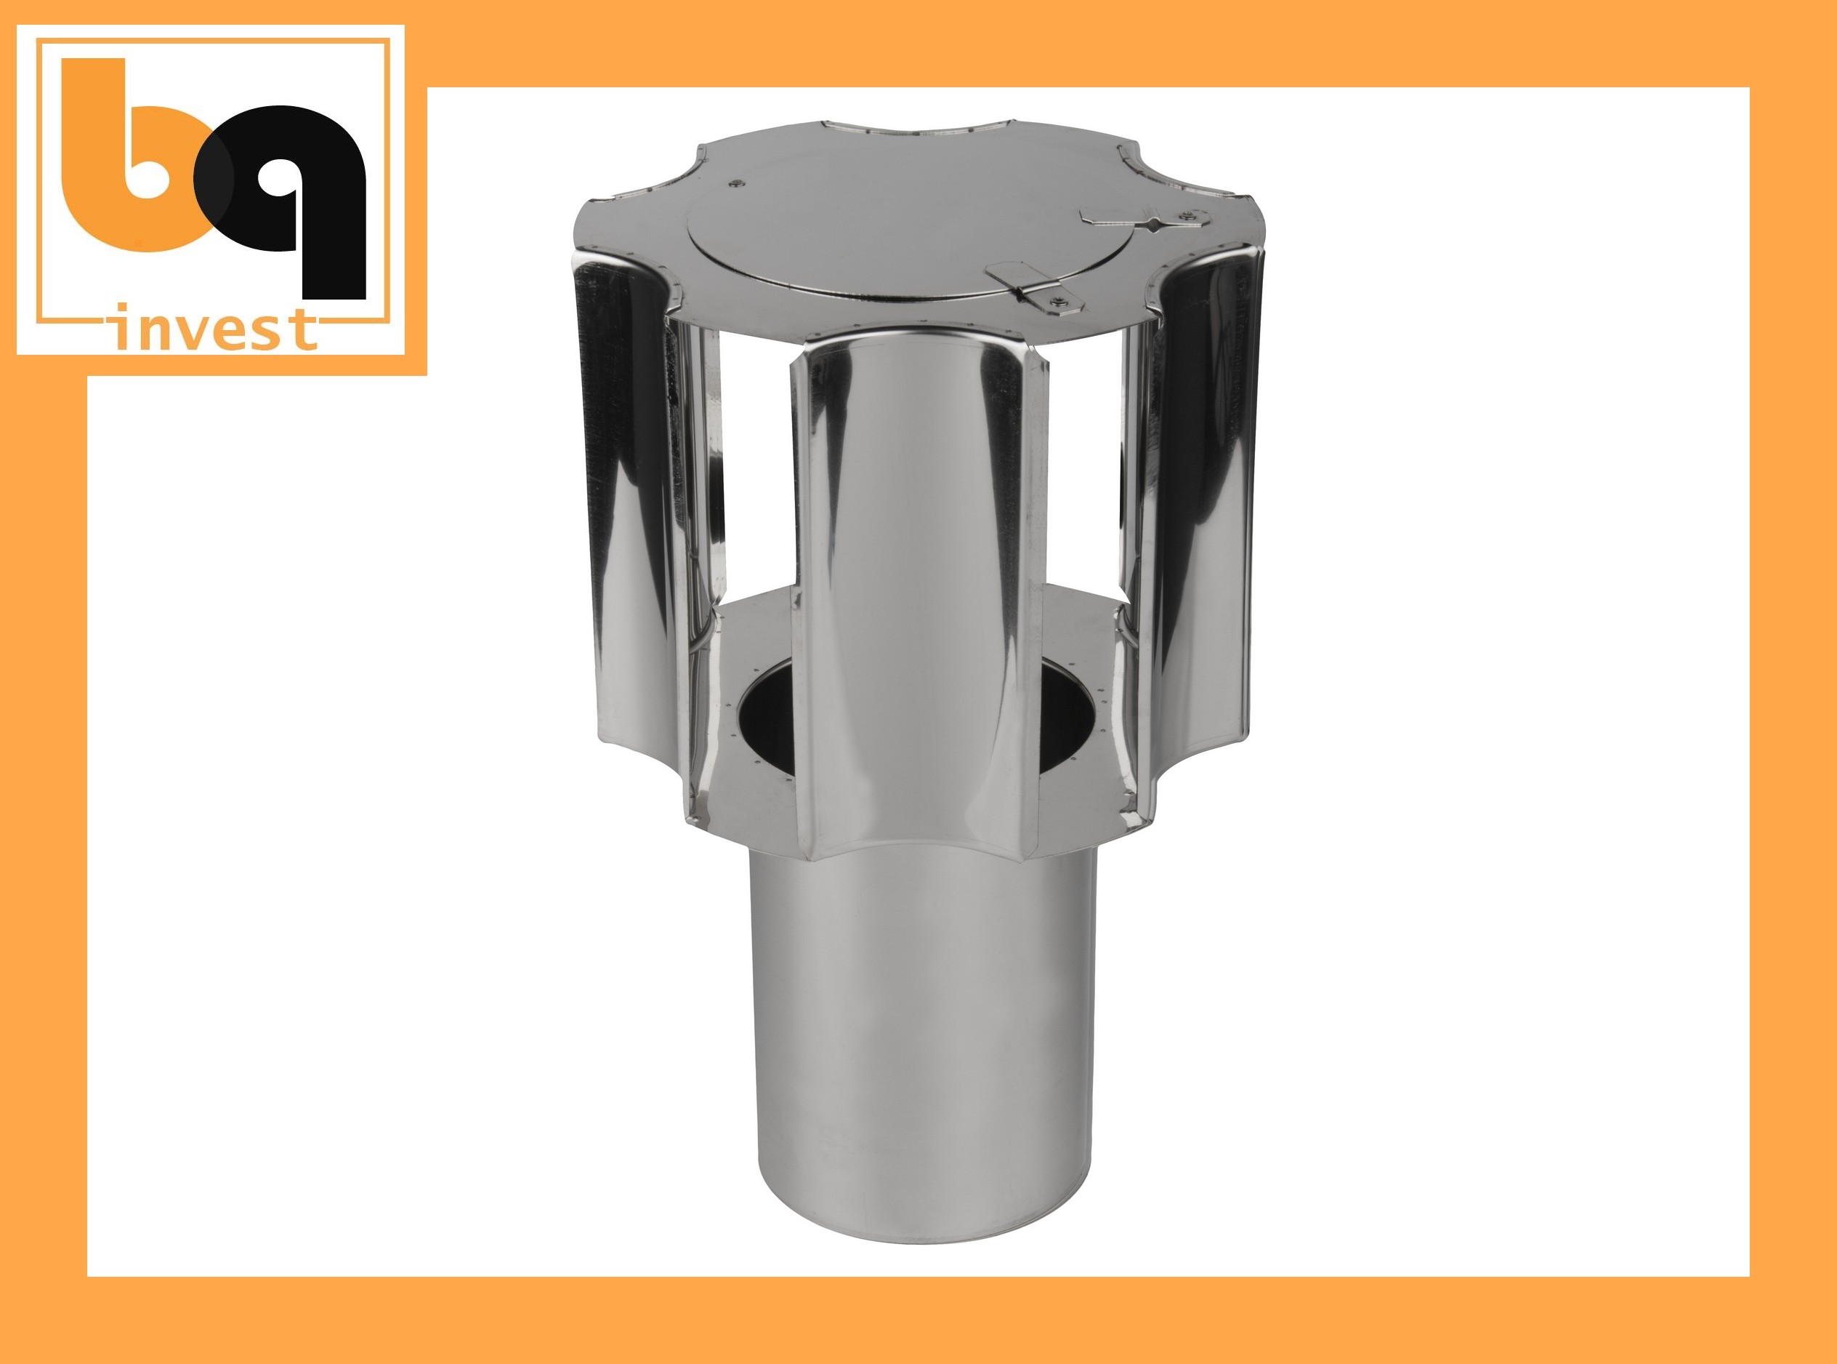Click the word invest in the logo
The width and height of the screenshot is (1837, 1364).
coord(213,328)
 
